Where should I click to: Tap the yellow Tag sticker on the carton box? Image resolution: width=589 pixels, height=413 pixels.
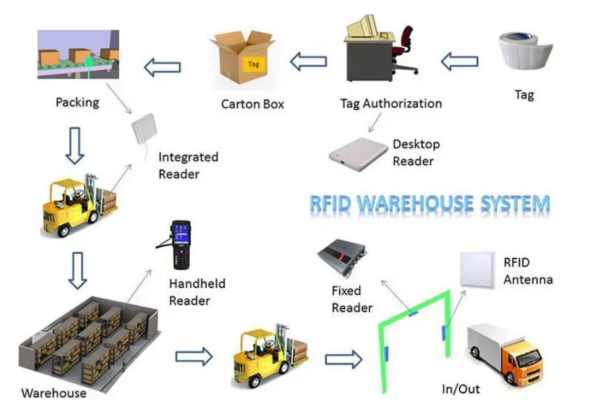click(254, 64)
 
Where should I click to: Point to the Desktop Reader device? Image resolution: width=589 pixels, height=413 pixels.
click(358, 153)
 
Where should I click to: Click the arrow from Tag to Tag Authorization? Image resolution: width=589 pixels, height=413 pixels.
click(460, 62)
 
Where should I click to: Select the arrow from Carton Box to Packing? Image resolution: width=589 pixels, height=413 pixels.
click(162, 66)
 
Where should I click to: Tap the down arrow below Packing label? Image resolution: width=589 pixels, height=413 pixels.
click(75, 145)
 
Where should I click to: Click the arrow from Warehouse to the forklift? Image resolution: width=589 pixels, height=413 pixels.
click(193, 357)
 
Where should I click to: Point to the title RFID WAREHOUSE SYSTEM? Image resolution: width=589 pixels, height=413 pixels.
click(430, 204)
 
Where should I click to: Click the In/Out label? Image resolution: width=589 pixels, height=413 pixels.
click(461, 389)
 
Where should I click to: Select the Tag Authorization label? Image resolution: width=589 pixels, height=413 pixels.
click(391, 104)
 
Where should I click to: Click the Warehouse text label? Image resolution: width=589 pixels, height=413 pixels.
click(53, 393)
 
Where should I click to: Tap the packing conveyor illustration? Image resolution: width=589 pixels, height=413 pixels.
click(77, 54)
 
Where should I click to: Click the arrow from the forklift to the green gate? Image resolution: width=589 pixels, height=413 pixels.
click(343, 359)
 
